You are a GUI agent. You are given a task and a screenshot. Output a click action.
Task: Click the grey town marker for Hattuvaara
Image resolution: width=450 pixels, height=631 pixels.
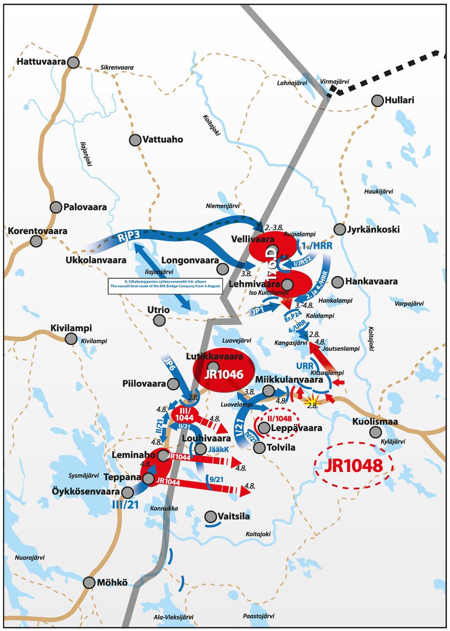pyautogui.click(x=73, y=62)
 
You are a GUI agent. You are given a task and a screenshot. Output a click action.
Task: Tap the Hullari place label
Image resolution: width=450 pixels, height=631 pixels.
pyautogui.click(x=399, y=100)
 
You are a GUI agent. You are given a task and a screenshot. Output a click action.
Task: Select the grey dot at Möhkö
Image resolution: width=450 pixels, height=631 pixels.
pyautogui.click(x=89, y=582)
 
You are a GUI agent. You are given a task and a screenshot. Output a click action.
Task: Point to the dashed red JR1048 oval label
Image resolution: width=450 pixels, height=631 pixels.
pyautogui.click(x=353, y=465)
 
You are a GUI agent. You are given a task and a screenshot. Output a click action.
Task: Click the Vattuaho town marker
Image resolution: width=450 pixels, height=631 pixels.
pyautogui.click(x=135, y=140)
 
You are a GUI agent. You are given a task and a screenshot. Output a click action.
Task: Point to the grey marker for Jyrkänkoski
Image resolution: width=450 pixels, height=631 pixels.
pyautogui.click(x=340, y=229)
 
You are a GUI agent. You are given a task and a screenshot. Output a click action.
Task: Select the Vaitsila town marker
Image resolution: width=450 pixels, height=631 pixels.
pyautogui.click(x=210, y=517)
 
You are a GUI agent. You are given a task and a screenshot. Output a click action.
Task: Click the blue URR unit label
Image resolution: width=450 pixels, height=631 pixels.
pyautogui.click(x=305, y=366)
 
